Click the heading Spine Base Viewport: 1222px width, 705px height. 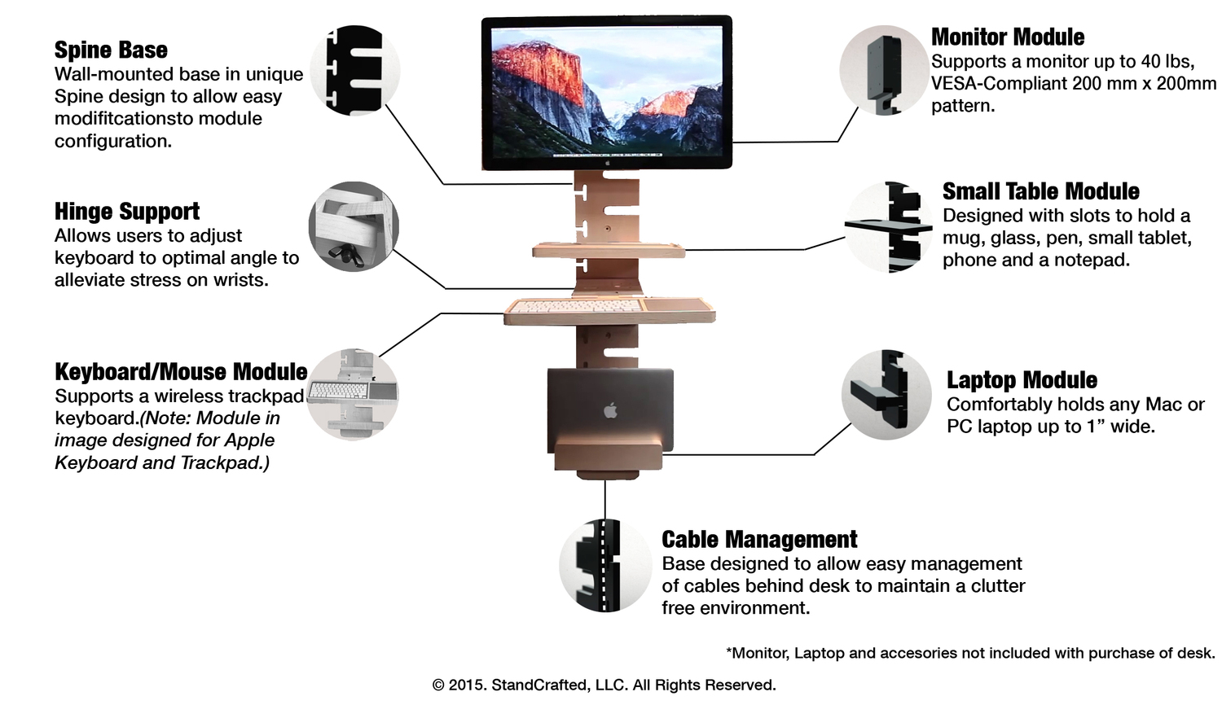coord(111,50)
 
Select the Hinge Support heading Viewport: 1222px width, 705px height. coord(127,212)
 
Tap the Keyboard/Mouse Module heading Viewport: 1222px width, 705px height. coord(181,372)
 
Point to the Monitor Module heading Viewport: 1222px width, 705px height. coord(1008,37)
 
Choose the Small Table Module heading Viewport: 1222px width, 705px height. coord(1040,192)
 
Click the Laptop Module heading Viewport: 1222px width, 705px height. coord(1022,380)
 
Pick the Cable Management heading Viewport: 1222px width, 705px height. coord(759,540)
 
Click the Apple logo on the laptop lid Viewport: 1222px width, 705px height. coord(610,409)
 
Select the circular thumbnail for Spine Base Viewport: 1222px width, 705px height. coord(355,70)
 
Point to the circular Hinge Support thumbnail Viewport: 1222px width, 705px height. coord(354,226)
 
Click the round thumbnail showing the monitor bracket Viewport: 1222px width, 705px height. coord(883,70)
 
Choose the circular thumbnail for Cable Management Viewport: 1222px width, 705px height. coord(604,566)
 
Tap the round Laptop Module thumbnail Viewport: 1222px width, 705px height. coord(886,395)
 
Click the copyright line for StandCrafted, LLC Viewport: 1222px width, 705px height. coord(604,685)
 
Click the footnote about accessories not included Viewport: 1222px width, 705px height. coord(969,653)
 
